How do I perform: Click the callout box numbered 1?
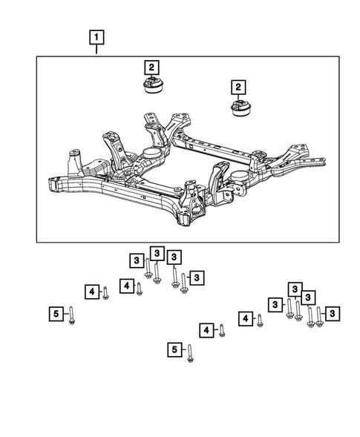click(x=97, y=36)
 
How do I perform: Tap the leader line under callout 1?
click(x=97, y=49)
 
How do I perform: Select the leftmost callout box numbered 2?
click(x=150, y=66)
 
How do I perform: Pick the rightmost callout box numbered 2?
click(x=239, y=88)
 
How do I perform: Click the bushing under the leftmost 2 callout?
click(x=152, y=88)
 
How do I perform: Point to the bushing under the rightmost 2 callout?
click(x=241, y=110)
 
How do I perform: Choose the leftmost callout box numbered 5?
click(x=56, y=315)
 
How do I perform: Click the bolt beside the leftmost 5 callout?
click(x=72, y=315)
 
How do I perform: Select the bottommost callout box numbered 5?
click(x=174, y=349)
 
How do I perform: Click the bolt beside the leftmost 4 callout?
click(x=105, y=292)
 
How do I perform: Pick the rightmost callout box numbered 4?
click(x=245, y=319)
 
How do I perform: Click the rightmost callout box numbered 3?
click(x=333, y=314)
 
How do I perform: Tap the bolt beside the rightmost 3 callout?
click(x=319, y=317)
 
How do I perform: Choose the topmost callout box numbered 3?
click(x=157, y=253)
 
